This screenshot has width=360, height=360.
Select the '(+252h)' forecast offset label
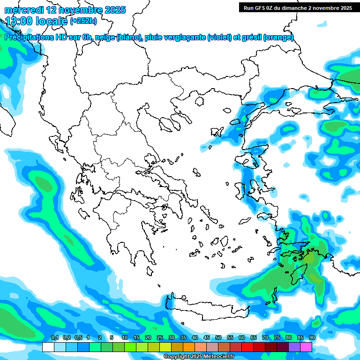coord(83,21)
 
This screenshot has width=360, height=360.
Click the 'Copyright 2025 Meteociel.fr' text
coord(198,357)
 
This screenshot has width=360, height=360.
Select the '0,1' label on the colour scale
coord(54,338)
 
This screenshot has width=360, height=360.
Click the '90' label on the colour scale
coord(312,338)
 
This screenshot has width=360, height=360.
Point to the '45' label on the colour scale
coord(207,338)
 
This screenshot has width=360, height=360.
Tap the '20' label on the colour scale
coord(148,338)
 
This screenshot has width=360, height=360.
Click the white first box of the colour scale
coord(48,347)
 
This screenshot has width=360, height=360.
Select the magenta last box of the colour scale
coord(306,347)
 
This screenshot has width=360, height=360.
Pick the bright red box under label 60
coord(247,347)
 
